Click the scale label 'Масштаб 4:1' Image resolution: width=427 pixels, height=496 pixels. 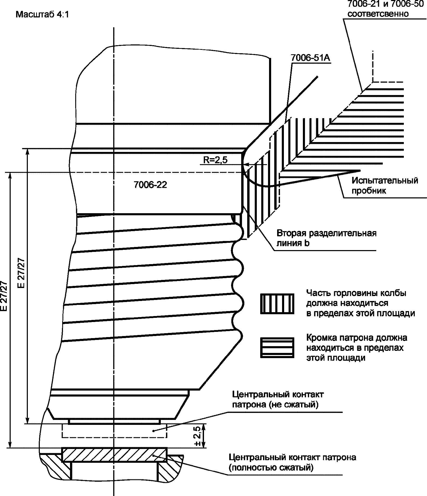(42, 14)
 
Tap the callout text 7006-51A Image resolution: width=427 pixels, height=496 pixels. (310, 58)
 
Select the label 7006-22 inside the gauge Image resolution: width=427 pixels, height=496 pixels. (150, 185)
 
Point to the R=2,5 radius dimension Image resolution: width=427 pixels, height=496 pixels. (215, 160)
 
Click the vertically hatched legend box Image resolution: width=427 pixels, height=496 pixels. (277, 304)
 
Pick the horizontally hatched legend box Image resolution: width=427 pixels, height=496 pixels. (277, 348)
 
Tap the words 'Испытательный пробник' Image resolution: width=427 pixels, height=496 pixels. (385, 185)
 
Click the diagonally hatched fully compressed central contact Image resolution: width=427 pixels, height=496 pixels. (114, 455)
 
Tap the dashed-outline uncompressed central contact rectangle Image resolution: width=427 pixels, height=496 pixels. (114, 431)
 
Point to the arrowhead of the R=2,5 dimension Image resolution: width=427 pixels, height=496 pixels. (247, 165)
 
